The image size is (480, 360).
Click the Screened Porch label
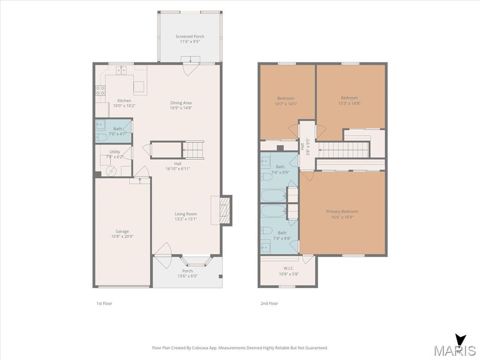pos(190,37)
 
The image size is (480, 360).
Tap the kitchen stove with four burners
pos(100,90)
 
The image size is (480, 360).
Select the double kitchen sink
pos(121,70)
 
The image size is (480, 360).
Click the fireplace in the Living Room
pos(225,210)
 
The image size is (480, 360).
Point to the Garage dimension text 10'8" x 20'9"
pos(122,236)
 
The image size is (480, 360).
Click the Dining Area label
pos(181,103)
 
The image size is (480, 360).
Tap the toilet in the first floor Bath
pos(101,137)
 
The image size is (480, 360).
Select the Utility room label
pos(115,152)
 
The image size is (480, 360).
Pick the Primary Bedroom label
pos(342,211)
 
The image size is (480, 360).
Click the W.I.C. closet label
pos(289,269)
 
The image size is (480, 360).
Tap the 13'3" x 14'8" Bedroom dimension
pos(349,104)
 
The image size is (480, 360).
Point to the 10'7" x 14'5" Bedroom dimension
pos(285,104)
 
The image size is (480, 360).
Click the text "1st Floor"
pos(105,303)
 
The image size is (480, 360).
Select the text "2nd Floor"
pos(270,303)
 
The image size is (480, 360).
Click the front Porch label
pos(187,271)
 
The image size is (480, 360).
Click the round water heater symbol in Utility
pos(111,171)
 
